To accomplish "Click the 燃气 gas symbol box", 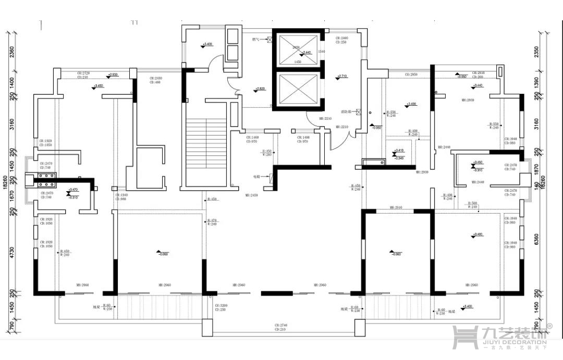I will pos(270,39).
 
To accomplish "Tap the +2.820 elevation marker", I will pos(261,89).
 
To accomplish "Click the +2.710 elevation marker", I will pos(341,77).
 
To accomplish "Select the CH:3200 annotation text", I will pos(221,306).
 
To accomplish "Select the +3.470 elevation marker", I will pos(71,192).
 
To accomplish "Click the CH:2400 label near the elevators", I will pos(342,38).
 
